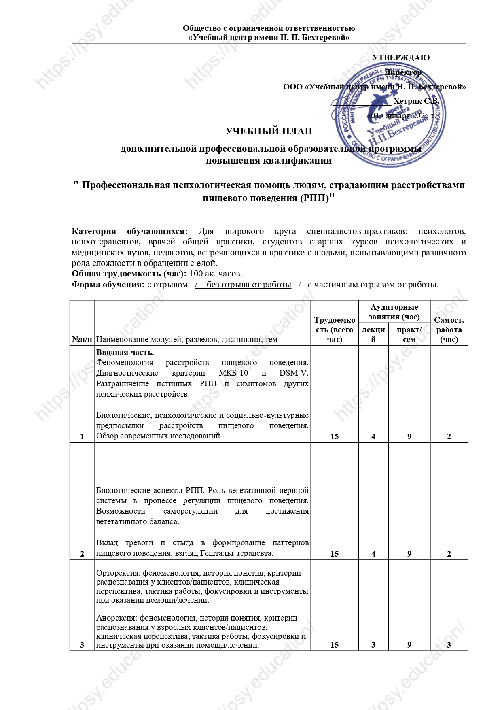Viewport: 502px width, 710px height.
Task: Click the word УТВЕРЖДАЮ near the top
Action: click(400, 57)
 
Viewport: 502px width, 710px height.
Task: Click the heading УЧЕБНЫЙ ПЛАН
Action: click(269, 131)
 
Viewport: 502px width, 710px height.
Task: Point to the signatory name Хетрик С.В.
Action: click(416, 101)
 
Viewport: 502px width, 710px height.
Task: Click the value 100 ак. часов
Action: click(216, 274)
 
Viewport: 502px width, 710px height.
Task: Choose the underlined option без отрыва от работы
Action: click(248, 285)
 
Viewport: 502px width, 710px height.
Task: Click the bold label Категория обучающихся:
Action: click(129, 231)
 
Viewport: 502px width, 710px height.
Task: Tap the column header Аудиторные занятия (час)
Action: click(394, 312)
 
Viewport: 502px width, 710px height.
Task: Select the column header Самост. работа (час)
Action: click(449, 329)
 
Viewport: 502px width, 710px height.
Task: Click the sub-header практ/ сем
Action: click(409, 334)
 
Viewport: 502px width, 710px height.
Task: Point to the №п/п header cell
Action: click(82, 339)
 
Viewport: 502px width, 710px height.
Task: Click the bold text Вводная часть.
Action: click(125, 352)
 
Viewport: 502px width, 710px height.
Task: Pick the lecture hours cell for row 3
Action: click(373, 645)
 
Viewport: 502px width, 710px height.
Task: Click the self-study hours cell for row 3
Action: click(449, 645)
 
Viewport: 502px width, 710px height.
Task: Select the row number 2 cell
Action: click(82, 554)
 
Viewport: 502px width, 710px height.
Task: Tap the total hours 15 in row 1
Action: click(334, 436)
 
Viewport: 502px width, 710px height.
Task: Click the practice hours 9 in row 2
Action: click(409, 554)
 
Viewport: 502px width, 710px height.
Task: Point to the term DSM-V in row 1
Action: click(294, 373)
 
